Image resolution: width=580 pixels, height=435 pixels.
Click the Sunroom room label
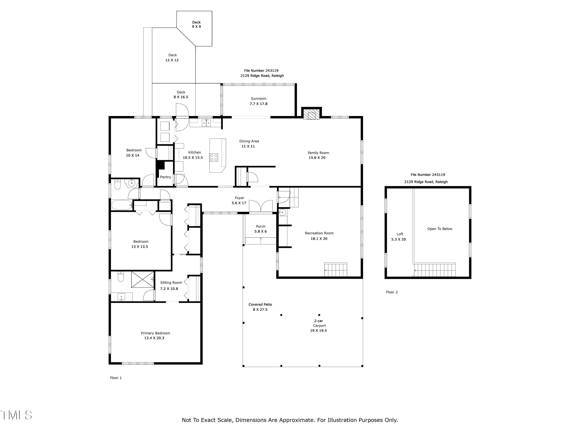(258, 99)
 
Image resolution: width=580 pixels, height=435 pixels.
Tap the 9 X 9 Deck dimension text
(196, 27)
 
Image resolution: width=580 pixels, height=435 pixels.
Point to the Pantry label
(165, 177)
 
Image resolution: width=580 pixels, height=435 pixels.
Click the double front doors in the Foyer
(261, 206)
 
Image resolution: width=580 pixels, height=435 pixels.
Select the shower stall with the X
(142, 280)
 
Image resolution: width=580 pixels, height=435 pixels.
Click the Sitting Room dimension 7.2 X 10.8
(169, 289)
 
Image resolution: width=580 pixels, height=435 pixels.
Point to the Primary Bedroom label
(155, 333)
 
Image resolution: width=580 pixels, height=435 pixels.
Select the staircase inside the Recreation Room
(336, 270)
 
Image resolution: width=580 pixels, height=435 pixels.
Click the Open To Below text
(440, 229)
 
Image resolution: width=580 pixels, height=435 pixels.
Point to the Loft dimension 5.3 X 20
(398, 239)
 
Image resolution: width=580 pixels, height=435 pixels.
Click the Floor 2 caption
(392, 292)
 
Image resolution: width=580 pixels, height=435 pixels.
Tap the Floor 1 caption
(116, 378)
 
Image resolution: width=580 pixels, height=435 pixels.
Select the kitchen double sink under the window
(206, 123)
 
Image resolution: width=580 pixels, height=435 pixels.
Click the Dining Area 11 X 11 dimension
(248, 146)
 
